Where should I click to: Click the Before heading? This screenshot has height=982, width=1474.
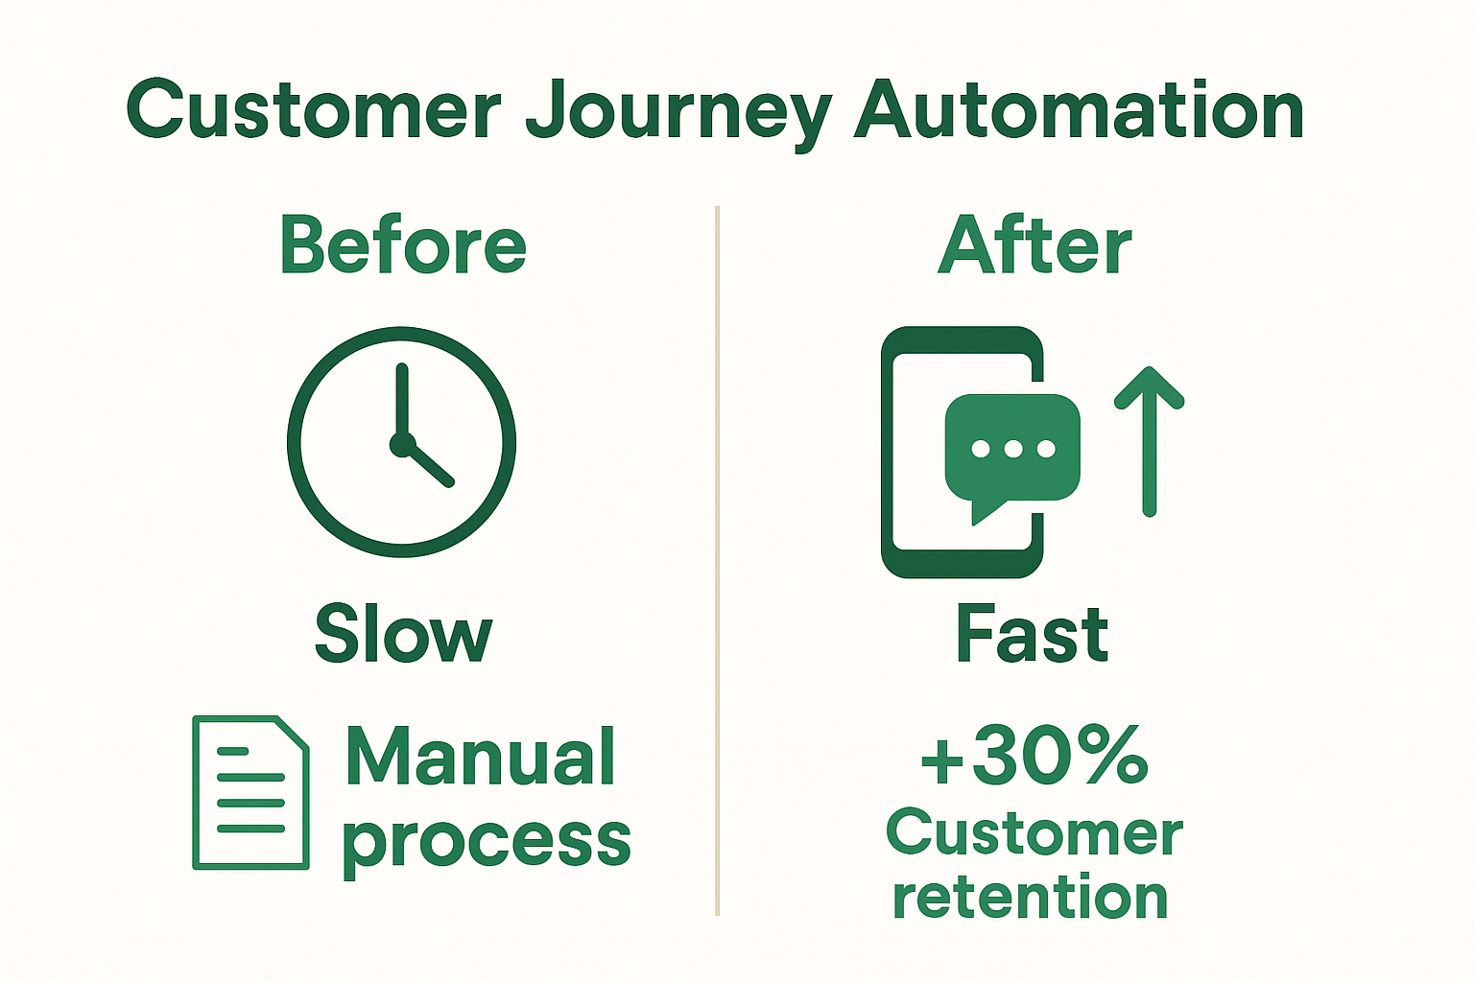point(403,245)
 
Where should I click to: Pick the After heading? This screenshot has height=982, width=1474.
point(1034,245)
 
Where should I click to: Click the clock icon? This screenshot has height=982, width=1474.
point(401,441)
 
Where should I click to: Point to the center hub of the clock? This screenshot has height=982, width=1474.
point(402,444)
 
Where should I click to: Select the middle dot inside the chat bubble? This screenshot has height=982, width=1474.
point(1013,449)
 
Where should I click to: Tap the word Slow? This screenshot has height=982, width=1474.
point(403,635)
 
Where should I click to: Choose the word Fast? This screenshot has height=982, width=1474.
point(1032,635)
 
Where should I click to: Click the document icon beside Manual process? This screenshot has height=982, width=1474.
point(250,792)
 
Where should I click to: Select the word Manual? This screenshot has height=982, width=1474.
point(480,758)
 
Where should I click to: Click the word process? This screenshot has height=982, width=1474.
point(486,840)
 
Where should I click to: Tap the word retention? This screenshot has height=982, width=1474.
point(1030,898)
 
